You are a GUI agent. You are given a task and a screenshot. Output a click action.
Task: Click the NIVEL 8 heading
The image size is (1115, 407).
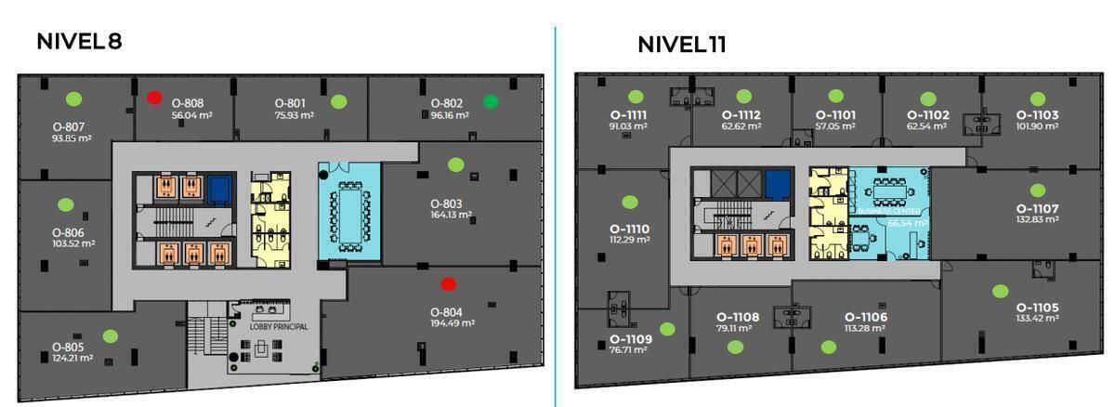(79, 42)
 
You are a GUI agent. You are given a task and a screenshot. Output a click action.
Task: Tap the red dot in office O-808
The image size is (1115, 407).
(154, 97)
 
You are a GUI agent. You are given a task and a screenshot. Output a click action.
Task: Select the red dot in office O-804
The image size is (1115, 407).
(448, 283)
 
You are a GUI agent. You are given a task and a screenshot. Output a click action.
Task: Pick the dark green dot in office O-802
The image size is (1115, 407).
(491, 101)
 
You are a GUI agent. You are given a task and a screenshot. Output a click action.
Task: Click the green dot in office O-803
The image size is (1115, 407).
(455, 164)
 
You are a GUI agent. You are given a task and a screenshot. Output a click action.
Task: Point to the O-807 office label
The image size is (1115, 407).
(69, 127)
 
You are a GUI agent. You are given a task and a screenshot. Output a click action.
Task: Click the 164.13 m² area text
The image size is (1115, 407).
(451, 215)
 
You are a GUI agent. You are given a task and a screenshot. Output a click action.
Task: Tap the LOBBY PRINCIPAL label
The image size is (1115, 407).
(279, 327)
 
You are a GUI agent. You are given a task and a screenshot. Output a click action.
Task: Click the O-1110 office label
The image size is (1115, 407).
(629, 229)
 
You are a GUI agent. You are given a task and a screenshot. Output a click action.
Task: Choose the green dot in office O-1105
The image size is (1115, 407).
(1000, 291)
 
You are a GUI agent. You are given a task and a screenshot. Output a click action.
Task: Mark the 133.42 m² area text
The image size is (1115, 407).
(1038, 319)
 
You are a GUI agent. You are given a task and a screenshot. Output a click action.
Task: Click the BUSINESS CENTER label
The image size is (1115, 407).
(889, 211)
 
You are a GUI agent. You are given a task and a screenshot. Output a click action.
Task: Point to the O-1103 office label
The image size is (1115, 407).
(1037, 115)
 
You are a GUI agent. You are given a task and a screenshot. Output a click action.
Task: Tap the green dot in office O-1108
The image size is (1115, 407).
(735, 347)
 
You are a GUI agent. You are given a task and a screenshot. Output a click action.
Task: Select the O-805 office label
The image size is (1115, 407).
(68, 348)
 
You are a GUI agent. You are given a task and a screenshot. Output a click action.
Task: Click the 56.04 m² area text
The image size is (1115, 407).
(193, 115)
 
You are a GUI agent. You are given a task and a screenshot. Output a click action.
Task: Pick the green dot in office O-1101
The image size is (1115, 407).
(835, 96)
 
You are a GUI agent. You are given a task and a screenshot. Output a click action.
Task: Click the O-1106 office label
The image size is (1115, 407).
(865, 317)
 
